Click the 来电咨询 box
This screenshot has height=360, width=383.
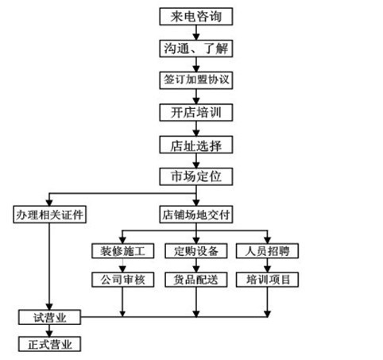(196, 17)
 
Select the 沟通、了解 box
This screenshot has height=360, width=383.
(196, 48)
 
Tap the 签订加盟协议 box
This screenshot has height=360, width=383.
(196, 80)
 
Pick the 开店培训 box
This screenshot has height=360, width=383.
(196, 112)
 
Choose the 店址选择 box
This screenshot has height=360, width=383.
(196, 145)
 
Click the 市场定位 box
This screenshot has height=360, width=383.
(196, 176)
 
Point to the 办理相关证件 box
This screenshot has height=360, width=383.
(50, 215)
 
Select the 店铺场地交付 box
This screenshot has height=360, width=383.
(196, 215)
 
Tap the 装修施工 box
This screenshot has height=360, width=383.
(123, 251)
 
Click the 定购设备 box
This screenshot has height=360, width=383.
(196, 251)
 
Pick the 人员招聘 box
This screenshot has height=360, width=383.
(267, 251)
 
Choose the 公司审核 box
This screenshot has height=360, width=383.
(123, 280)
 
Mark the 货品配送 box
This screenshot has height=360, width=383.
(196, 280)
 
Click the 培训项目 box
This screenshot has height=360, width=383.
(267, 280)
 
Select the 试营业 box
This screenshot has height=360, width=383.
(49, 317)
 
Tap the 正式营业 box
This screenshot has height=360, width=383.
(49, 344)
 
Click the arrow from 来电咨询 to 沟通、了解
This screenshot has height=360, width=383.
(196, 33)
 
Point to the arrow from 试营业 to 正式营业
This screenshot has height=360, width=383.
(49, 331)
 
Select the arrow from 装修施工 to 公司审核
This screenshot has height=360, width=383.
(122, 265)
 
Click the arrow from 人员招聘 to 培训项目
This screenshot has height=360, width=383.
(267, 265)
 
